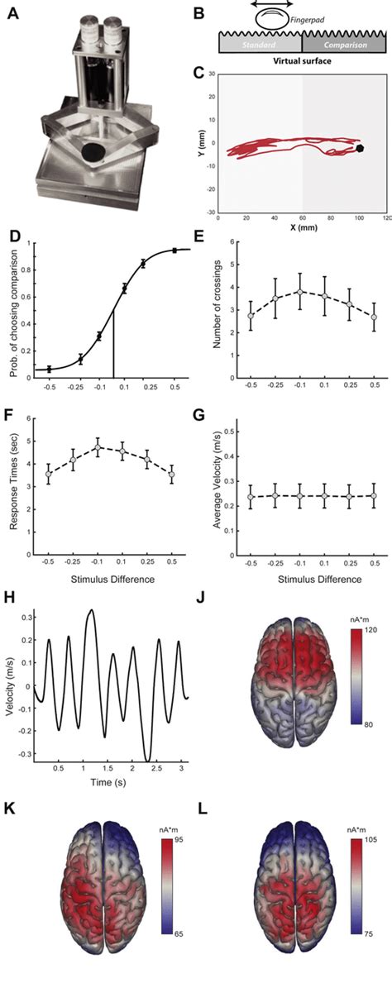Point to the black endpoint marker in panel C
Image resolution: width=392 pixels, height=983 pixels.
pyautogui.click(x=360, y=149)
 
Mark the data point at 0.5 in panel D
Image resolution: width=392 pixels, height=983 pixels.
pyautogui.click(x=174, y=251)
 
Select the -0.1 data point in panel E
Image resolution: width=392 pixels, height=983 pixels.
pyautogui.click(x=276, y=291)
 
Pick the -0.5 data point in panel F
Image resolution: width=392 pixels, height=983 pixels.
pyautogui.click(x=48, y=474)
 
